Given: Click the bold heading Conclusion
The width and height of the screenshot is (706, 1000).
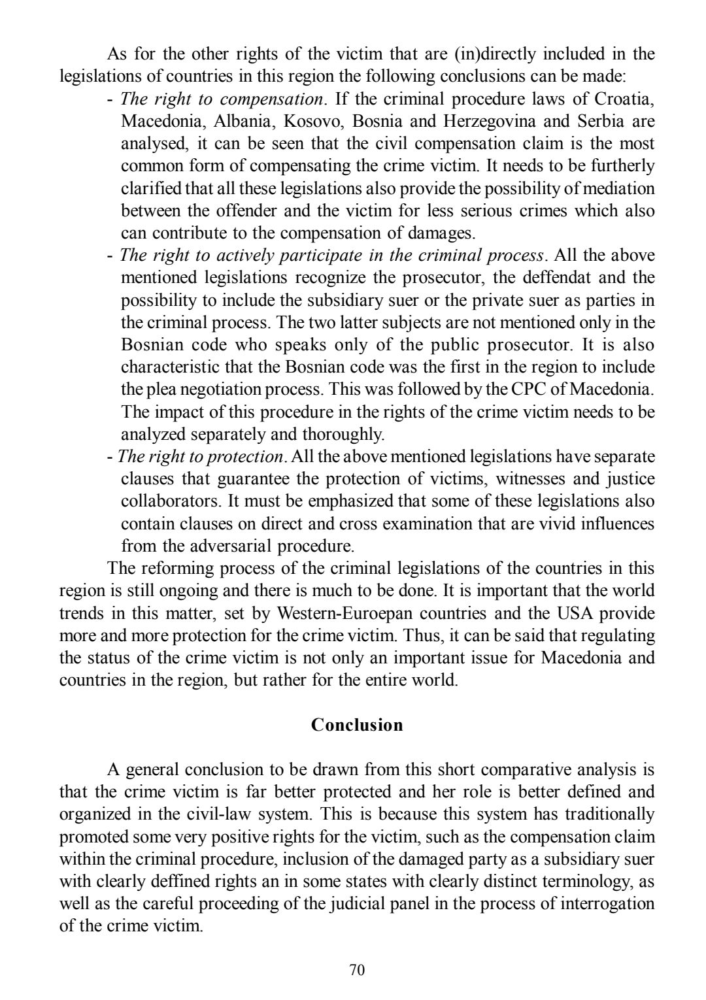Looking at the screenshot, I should [357, 725].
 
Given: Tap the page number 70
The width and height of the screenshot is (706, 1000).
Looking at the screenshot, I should [357, 970].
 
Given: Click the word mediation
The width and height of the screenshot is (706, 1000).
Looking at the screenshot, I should [614, 189].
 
